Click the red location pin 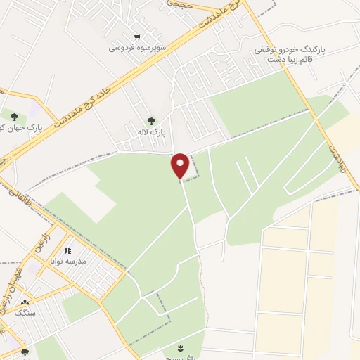181,166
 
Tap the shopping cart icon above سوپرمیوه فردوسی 138,37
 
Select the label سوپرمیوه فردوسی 138,48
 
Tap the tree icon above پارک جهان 14,115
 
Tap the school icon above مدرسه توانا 67,250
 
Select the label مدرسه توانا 67,261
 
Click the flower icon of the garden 182,349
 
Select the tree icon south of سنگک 25,352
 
